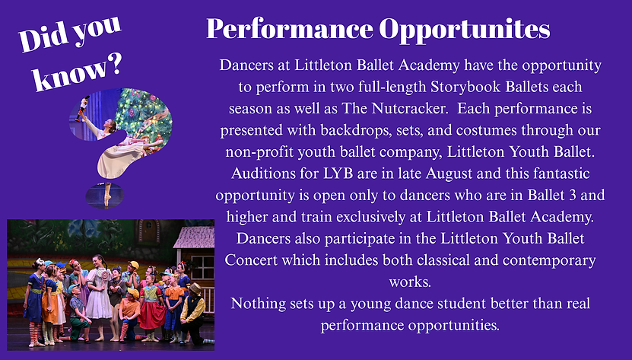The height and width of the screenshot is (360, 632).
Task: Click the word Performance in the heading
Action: pyautogui.click(x=290, y=29)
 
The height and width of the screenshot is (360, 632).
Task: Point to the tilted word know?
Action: pyautogui.click(x=78, y=72)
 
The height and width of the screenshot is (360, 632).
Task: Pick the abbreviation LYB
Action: pyautogui.click(x=338, y=173)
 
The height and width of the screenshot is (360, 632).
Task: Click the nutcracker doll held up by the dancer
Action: pyautogui.click(x=82, y=108)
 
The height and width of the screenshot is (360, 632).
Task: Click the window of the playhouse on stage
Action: pyautogui.click(x=202, y=267)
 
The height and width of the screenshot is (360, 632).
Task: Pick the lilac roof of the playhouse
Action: pyautogui.click(x=195, y=237)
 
